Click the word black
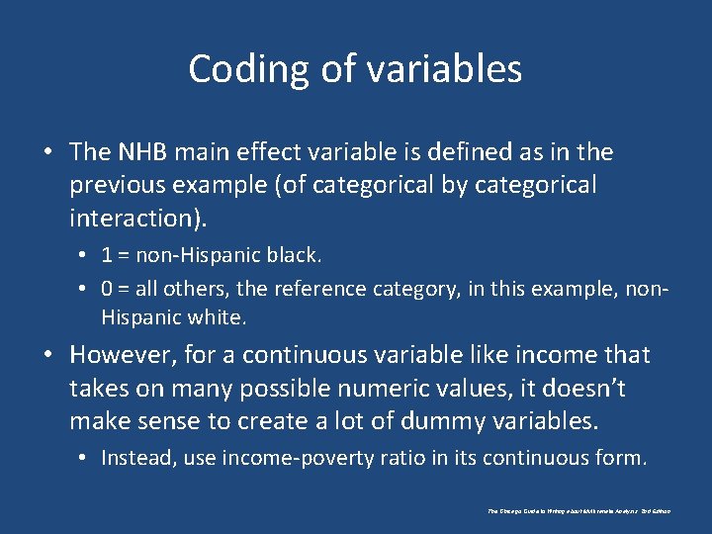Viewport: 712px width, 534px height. [x=295, y=255]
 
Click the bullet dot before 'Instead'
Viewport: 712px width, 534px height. [x=83, y=459]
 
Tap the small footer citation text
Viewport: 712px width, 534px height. [x=579, y=511]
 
